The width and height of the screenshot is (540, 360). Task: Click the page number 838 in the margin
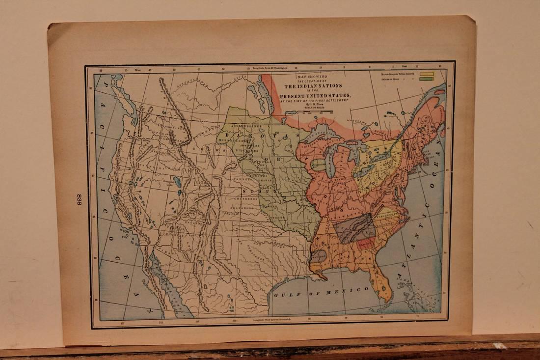click(79, 200)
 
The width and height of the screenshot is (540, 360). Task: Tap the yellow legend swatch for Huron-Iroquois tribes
click(426, 74)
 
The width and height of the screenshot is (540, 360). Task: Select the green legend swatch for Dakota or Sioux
click(426, 79)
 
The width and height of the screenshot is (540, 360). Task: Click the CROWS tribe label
click(199, 149)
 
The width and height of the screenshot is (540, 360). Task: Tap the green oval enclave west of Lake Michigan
click(318, 164)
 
